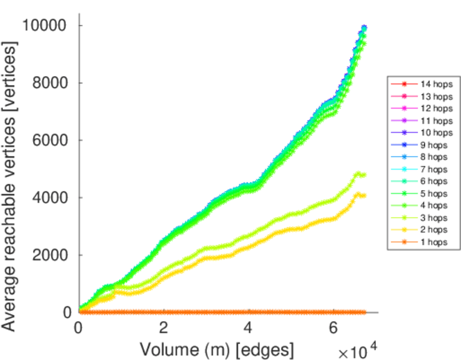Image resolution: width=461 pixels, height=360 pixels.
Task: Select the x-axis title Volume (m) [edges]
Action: click(x=217, y=349)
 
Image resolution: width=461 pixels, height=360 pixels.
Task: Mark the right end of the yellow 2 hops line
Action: click(x=364, y=196)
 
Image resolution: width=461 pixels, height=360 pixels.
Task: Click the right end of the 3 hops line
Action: click(x=364, y=175)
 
